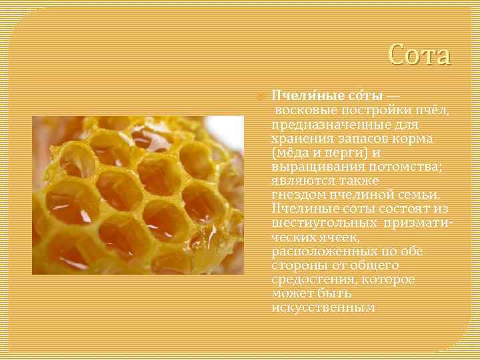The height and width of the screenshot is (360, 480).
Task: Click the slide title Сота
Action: coord(419,55)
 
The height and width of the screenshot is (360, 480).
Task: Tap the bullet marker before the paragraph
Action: coord(260,95)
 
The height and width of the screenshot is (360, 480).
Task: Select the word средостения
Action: coord(311,279)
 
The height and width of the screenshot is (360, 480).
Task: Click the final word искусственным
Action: coord(323,307)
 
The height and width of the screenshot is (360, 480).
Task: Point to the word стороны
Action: coord(297,265)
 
